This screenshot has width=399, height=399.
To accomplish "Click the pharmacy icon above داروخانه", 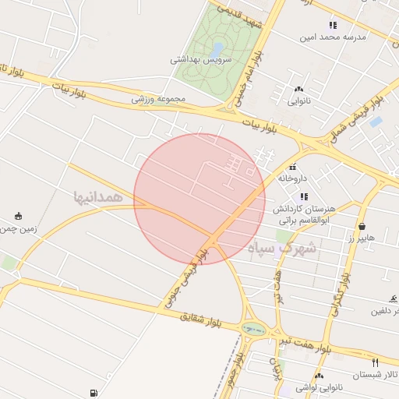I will (x=293, y=167).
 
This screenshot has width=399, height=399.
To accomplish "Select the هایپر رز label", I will (x=362, y=235).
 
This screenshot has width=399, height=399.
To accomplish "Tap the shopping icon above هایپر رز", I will (x=363, y=224).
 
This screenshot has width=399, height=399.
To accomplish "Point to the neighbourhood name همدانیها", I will (x=98, y=197).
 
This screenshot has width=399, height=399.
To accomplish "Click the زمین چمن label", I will (x=17, y=229).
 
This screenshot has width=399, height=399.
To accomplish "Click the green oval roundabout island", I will (x=253, y=329).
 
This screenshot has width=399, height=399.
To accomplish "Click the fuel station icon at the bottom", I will (x=94, y=393).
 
